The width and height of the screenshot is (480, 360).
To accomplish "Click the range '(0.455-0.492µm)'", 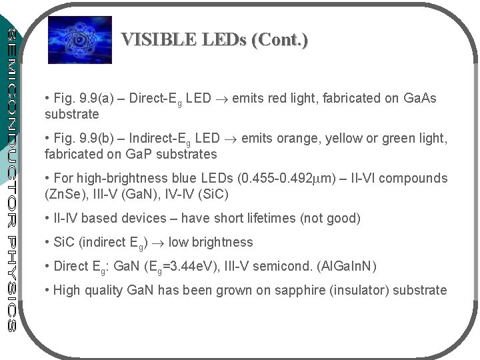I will tap(283, 179).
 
